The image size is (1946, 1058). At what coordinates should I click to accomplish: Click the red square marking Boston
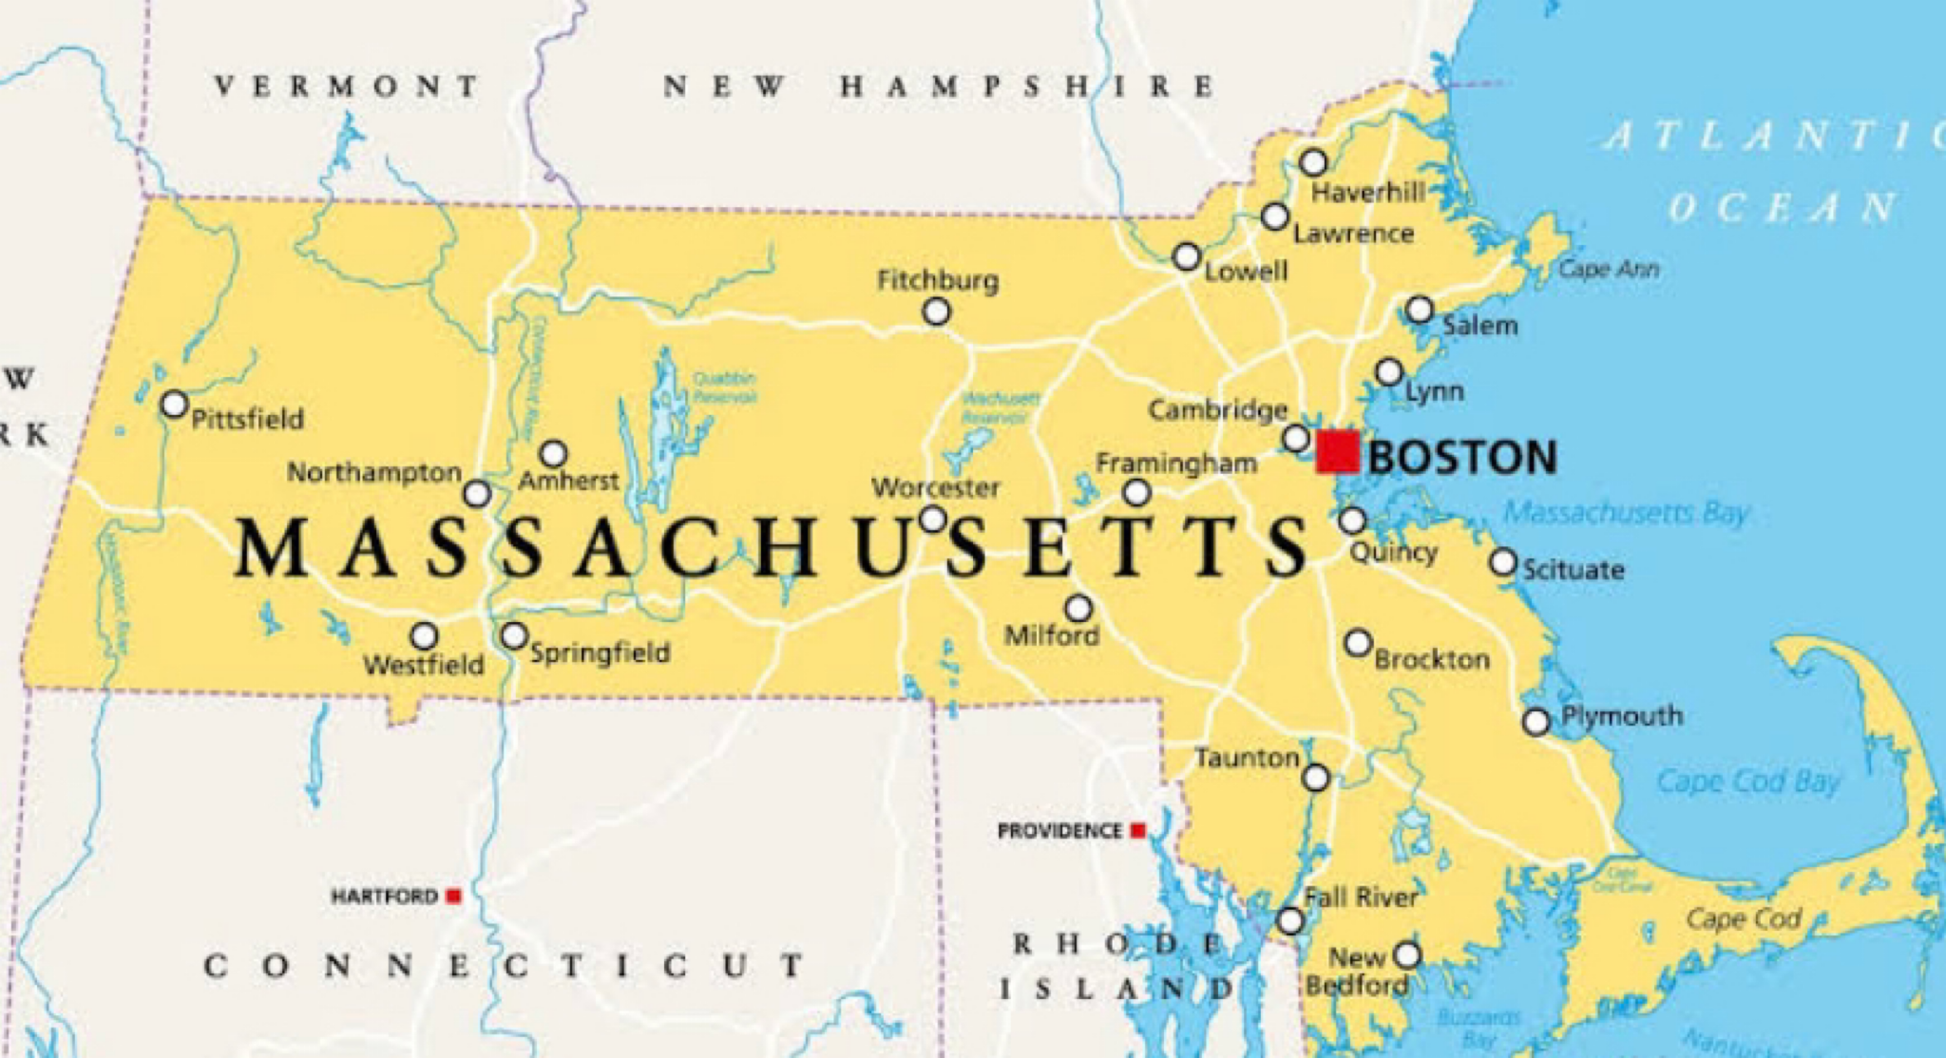point(1337,451)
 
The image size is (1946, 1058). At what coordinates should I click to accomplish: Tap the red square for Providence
point(1137,831)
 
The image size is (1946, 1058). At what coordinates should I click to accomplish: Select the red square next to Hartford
point(454,896)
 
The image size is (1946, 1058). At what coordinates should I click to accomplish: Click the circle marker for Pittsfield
point(174,405)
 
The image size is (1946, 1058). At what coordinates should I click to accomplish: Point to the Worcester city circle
point(933,519)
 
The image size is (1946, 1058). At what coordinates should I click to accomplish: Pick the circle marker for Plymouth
point(1536,722)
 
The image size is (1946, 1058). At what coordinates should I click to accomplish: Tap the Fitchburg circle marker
point(937,312)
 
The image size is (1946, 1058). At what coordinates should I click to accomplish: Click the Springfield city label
point(600,653)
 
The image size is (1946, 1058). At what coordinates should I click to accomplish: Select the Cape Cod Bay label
point(1748,782)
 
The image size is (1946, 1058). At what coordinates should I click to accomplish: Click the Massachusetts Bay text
point(1626,513)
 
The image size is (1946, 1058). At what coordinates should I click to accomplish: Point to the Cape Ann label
point(1609,270)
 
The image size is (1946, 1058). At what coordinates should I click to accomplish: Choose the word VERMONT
point(347,86)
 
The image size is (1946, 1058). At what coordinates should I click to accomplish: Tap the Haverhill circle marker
point(1313,162)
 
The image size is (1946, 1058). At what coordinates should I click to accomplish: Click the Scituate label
point(1574,570)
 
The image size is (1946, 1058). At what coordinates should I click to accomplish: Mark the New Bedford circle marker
point(1407,954)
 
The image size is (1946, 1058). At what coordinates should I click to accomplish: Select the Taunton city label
point(1247,758)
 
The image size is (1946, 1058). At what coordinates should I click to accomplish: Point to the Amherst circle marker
point(553,453)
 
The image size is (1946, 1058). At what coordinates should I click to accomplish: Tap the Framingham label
point(1176,463)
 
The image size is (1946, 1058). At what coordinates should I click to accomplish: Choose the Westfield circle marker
point(424,635)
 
